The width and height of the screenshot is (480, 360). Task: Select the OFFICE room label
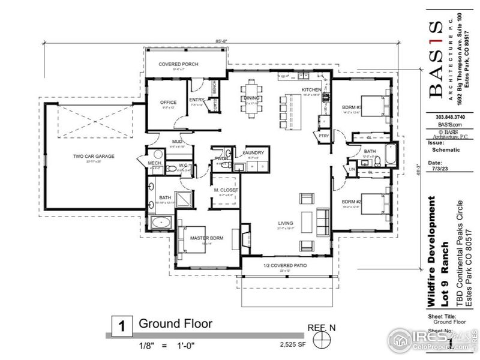(169, 102)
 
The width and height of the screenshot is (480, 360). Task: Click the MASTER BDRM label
(207, 238)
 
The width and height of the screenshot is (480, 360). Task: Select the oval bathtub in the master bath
(161, 224)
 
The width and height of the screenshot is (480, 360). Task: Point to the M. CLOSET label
(226, 190)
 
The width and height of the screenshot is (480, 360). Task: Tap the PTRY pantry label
(325, 136)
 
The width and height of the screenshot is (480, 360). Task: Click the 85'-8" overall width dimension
(221, 41)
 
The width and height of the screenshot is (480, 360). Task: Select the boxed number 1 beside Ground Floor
(121, 328)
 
